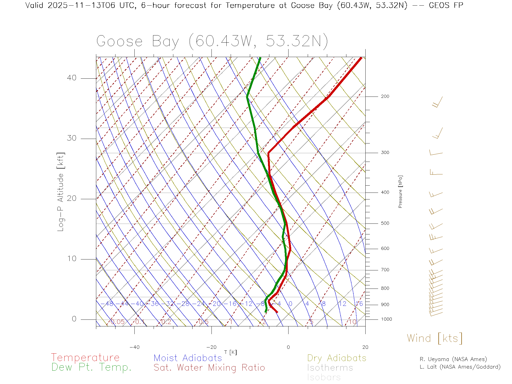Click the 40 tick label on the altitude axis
71,78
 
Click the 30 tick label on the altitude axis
71,138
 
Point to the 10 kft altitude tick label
71,259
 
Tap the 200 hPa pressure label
385,96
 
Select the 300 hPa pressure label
385,153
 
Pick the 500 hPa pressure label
385,223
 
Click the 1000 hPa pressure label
386,319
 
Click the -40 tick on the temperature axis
134,347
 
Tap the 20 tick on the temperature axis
365,347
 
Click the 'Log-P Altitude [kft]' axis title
61,192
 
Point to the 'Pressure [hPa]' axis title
400,191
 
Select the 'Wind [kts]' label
434,338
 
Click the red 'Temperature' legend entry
85,358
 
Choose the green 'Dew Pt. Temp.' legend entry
91,367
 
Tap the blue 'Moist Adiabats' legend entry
188,358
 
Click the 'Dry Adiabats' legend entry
337,358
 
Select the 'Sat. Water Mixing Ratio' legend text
209,368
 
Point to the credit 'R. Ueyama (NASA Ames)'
453,359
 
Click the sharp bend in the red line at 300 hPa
269,153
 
